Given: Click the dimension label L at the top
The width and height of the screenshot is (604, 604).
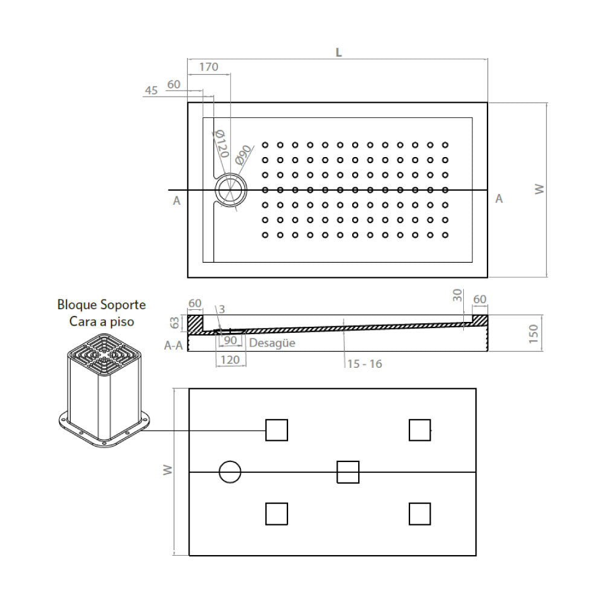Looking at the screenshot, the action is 339,52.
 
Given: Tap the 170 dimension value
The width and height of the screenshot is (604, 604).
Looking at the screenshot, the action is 209,67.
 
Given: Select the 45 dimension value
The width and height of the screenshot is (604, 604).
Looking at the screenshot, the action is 152,91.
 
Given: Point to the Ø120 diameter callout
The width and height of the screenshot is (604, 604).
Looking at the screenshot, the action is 220,144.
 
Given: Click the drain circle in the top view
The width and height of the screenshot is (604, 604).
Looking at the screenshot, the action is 231,190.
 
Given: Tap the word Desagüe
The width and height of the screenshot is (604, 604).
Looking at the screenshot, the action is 272,343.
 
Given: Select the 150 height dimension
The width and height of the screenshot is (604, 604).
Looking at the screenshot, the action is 533,333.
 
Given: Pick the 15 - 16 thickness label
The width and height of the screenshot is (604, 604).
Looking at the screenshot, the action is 364,364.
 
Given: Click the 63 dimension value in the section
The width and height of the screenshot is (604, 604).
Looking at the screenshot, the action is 175,323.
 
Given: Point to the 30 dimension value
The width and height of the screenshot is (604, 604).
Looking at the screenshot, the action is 457,295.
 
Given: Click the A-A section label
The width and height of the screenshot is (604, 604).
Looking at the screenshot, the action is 173,345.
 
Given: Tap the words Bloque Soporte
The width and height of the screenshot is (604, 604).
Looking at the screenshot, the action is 101,304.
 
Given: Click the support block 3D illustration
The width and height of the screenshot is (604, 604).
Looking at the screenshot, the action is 103,390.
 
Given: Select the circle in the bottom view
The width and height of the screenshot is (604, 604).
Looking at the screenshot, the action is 230,472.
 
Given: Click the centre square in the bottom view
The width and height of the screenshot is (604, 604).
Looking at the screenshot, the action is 348,472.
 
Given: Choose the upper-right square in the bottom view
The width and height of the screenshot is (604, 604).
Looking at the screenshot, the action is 420,430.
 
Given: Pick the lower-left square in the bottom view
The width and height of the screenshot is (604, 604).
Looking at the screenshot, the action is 277,514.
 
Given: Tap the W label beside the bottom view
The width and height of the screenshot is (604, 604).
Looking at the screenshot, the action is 167,470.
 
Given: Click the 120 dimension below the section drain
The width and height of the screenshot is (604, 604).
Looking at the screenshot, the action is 230,360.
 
